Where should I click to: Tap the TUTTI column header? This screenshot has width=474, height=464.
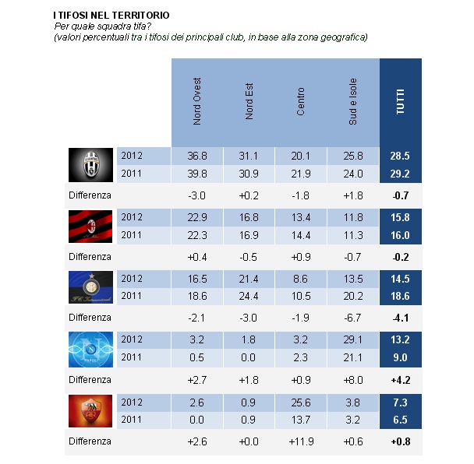tap(401, 101)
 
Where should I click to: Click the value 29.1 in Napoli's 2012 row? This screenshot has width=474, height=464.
tap(352, 340)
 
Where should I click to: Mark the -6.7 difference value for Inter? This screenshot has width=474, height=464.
tap(352, 318)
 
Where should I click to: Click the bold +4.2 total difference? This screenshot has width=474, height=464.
tap(400, 380)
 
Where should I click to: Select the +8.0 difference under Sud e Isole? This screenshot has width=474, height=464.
tap(352, 380)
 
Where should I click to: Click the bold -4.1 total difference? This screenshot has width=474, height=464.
tap(400, 318)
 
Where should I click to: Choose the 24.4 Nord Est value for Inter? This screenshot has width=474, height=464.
tap(249, 295)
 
